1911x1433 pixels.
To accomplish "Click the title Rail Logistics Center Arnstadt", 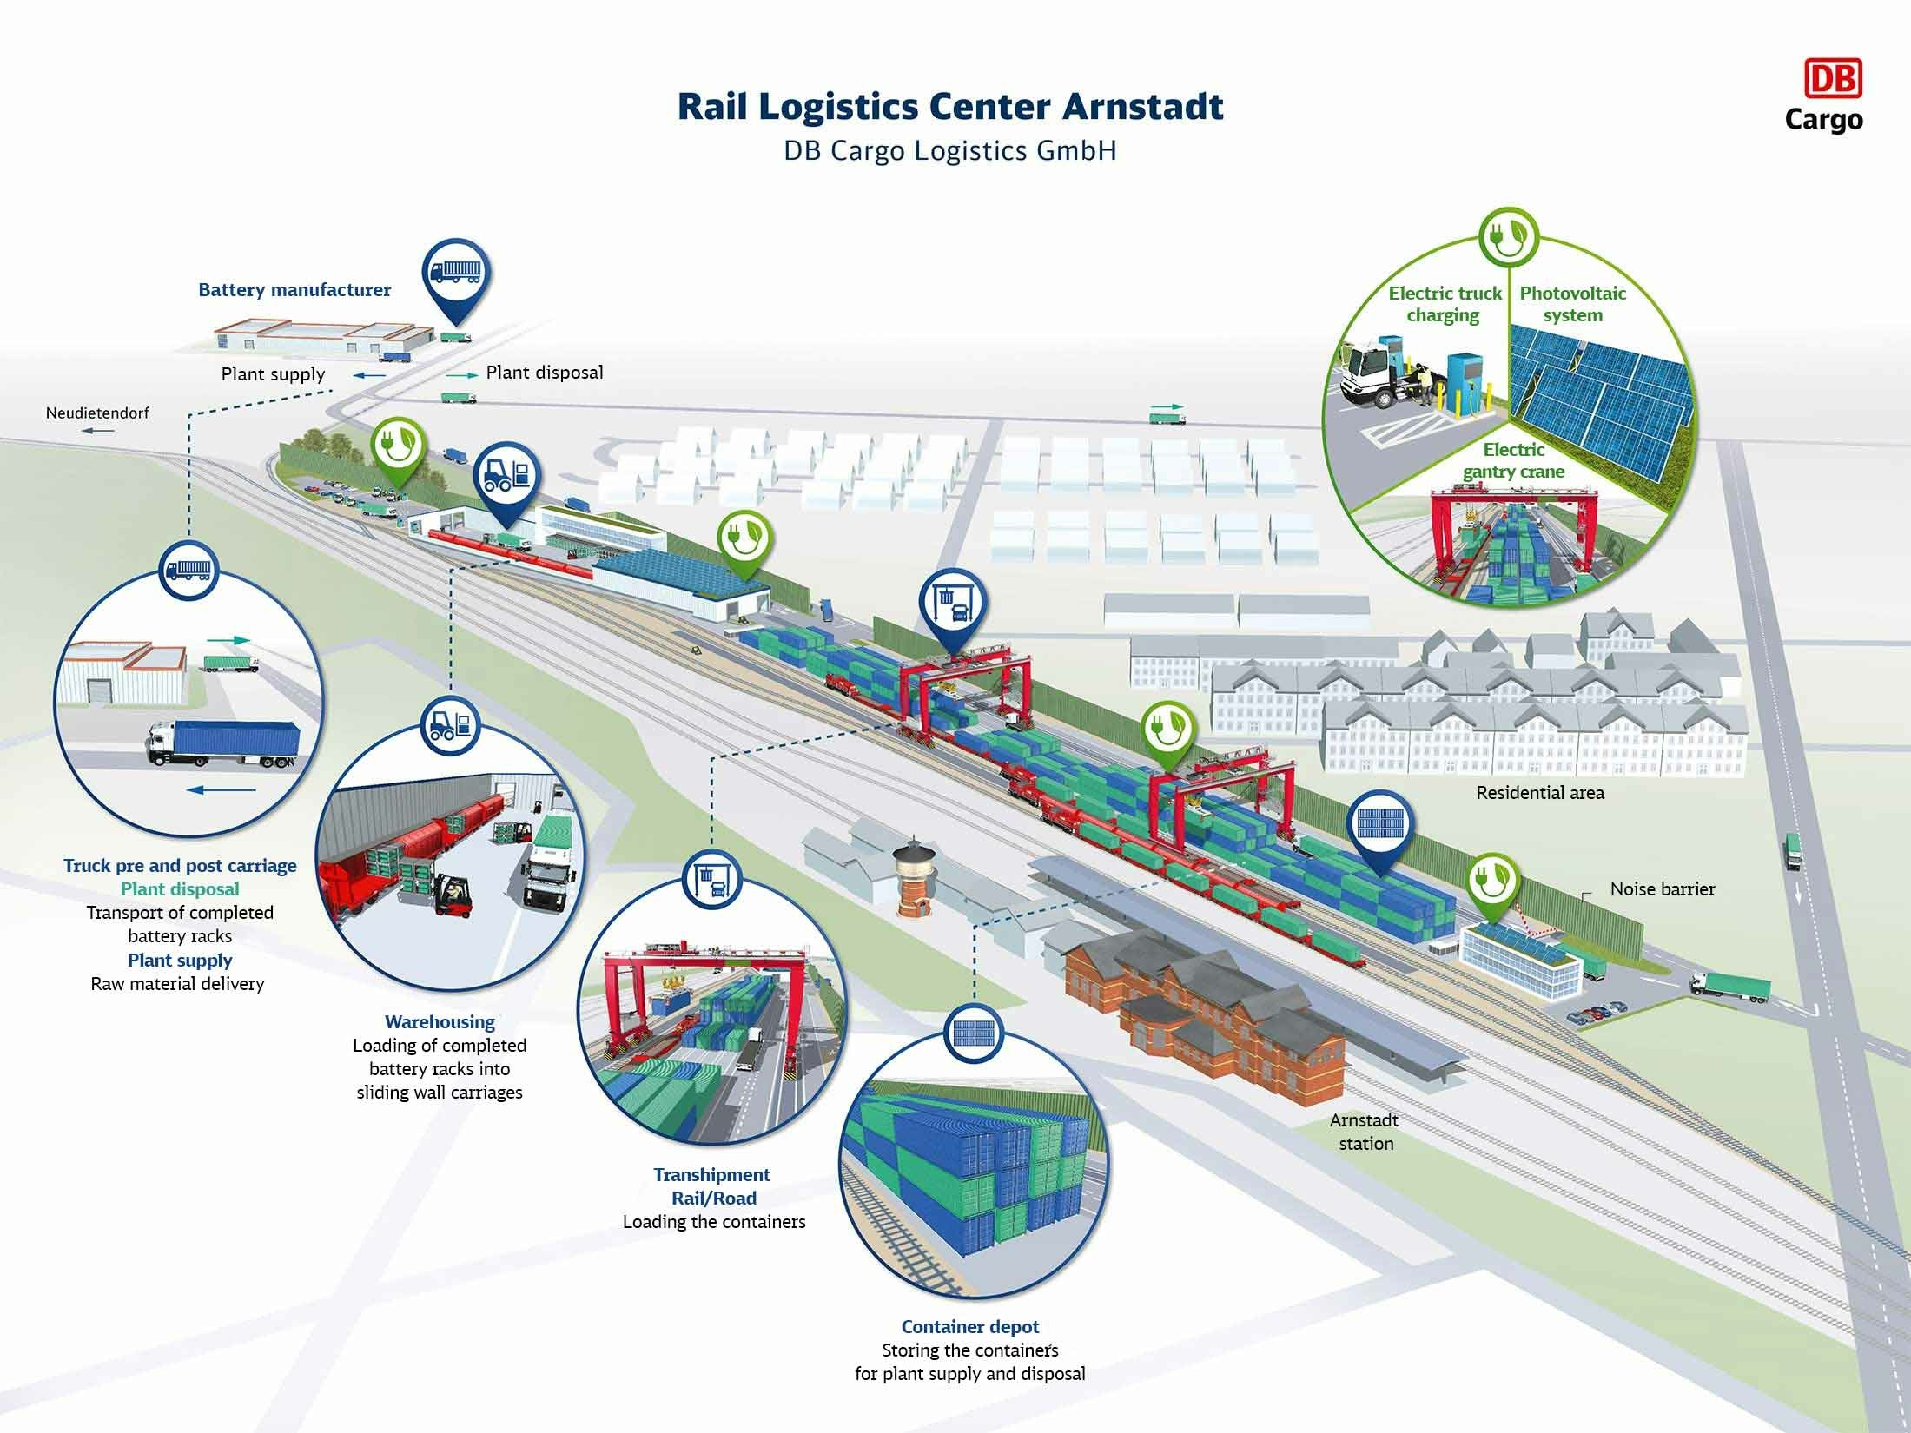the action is click(x=950, y=107).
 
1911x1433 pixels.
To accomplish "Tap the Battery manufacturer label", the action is click(x=294, y=290).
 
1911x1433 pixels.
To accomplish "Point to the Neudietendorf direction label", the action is click(x=97, y=413).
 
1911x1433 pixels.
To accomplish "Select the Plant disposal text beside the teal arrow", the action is click(x=545, y=373).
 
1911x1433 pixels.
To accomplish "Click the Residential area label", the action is click(x=1540, y=792).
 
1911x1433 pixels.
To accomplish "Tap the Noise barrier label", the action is click(x=1663, y=888).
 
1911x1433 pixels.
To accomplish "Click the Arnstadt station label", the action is click(x=1365, y=1132).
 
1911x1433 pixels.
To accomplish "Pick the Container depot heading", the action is click(x=970, y=1326).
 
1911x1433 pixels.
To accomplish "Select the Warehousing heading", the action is click(x=440, y=1022).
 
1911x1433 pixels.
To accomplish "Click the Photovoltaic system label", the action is click(x=1573, y=304).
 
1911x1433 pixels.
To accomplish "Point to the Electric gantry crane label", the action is click(x=1514, y=460).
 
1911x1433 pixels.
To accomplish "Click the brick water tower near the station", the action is click(x=914, y=877).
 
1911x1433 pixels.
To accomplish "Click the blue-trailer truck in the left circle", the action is click(x=224, y=743).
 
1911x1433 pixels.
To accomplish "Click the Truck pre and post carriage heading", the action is click(x=180, y=866).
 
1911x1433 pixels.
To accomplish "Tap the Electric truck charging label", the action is click(x=1445, y=304).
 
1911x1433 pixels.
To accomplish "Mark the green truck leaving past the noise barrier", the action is click(x=1730, y=987).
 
